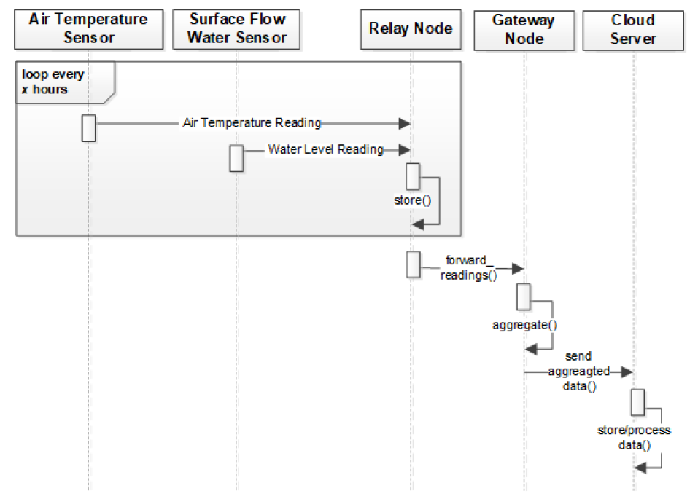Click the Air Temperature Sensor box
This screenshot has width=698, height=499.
[x=88, y=29]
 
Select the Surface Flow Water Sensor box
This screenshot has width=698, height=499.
[x=237, y=29]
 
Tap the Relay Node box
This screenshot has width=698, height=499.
[x=411, y=29]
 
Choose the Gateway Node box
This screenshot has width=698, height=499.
[x=524, y=30]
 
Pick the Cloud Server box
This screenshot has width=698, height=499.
[x=633, y=30]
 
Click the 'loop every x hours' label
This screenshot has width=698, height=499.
[x=53, y=82]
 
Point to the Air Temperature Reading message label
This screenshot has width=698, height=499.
[x=251, y=124]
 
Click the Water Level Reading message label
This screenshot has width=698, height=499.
[x=325, y=149]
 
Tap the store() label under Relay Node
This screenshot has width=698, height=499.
[x=408, y=199]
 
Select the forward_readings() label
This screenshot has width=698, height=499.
[x=468, y=267]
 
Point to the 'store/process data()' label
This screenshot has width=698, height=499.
[x=634, y=437]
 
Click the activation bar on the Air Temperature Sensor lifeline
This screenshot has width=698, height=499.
[x=88, y=127]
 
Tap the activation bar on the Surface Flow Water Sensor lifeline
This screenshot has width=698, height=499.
[x=236, y=157]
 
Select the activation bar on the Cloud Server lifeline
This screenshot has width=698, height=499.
[x=638, y=401]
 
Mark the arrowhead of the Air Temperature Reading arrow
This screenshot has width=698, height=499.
[x=404, y=124]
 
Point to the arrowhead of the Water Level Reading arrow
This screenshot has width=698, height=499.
[x=404, y=149]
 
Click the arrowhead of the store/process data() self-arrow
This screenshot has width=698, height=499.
[x=640, y=466]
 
